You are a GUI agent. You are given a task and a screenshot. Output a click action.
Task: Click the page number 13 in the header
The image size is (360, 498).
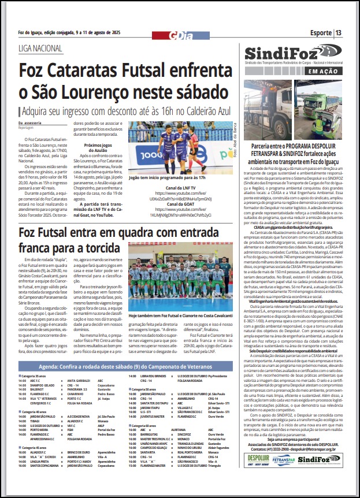point(338,32)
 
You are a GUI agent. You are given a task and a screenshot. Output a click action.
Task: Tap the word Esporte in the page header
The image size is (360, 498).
point(321,32)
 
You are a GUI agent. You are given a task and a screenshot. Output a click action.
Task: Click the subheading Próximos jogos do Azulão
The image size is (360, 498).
point(97,148)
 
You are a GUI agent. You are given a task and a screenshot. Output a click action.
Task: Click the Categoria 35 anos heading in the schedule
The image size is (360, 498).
point(34,376)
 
